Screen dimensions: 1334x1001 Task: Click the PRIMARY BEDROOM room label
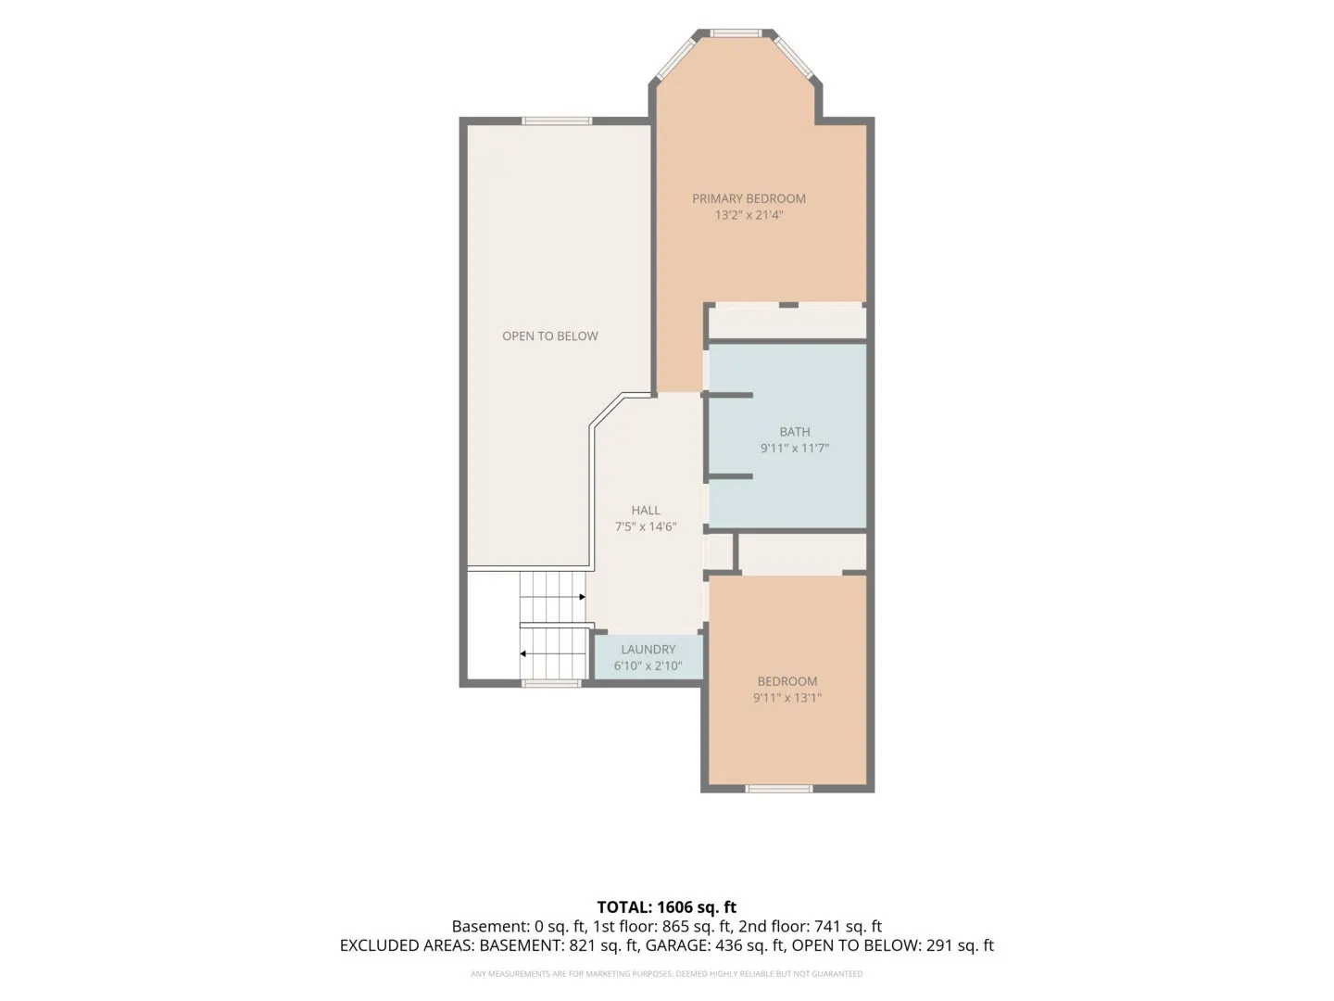tap(749, 198)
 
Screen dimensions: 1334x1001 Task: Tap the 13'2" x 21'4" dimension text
tap(749, 215)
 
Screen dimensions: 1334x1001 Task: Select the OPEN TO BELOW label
tap(550, 336)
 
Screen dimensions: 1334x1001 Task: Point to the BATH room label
tap(795, 432)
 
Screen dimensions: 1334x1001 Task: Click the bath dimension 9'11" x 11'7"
tap(795, 449)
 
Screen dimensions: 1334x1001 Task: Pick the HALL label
tap(646, 511)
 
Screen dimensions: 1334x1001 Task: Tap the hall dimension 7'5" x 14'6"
tap(646, 527)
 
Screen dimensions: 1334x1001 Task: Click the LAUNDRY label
tap(648, 650)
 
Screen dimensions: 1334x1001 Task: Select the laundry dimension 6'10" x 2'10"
tap(648, 666)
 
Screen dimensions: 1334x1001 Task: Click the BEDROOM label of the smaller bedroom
tap(787, 682)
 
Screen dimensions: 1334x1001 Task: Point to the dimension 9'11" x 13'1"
tap(787, 698)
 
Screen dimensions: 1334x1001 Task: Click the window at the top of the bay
tap(736, 32)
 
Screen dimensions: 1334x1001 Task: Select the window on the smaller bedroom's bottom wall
tap(778, 789)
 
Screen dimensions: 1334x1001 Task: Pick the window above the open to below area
tap(557, 120)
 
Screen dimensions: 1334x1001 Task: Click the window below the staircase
tap(551, 684)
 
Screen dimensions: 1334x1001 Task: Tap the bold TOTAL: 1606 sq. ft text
tap(667, 907)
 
